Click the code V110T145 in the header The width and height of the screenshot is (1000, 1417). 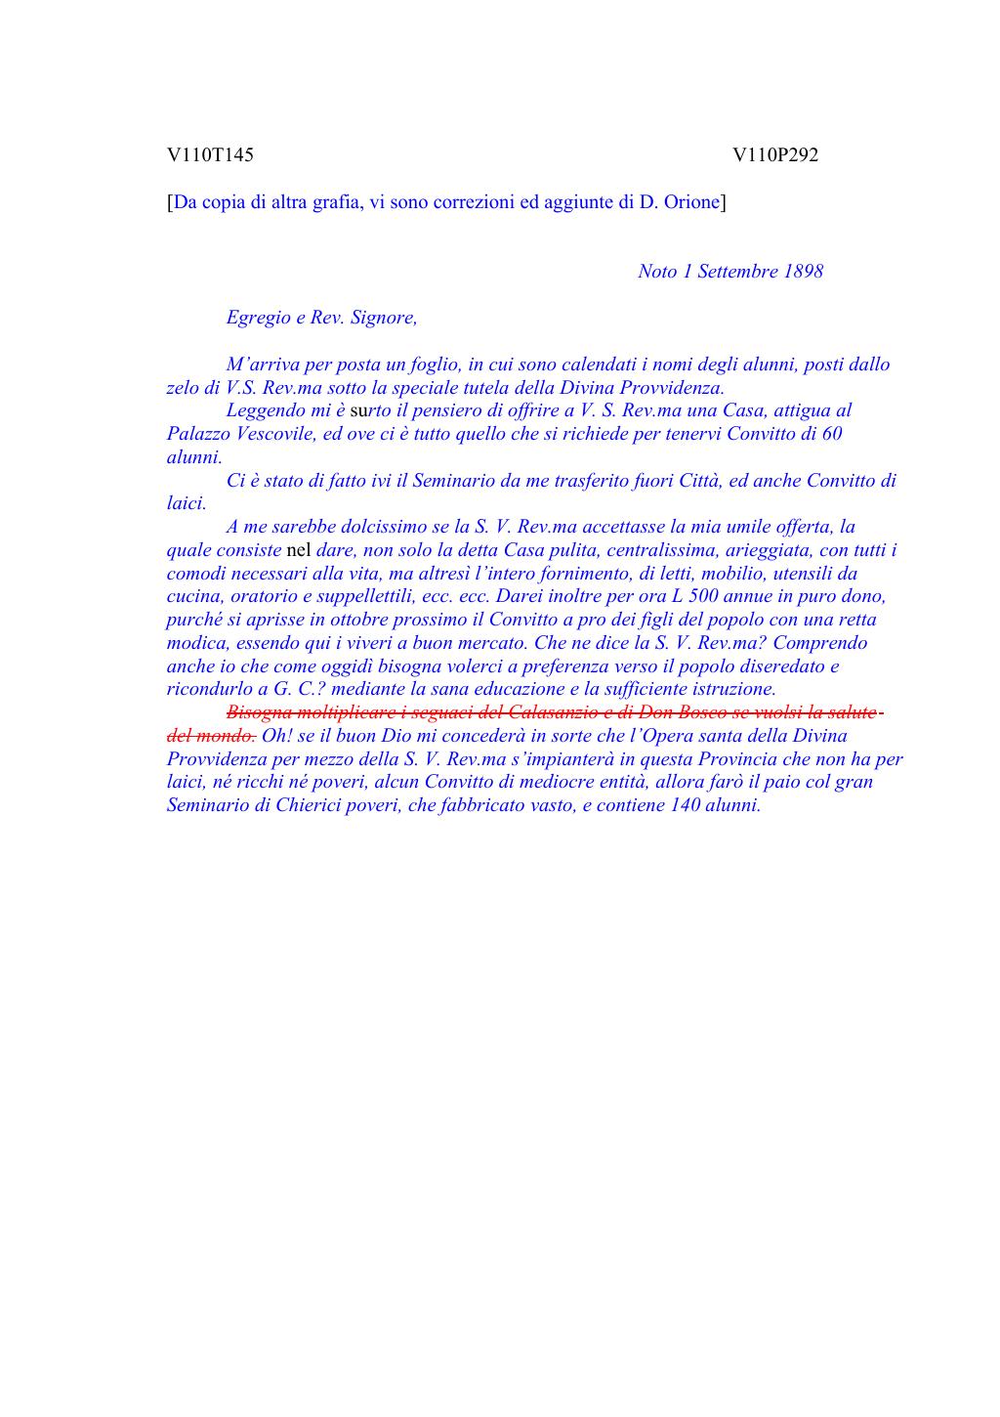tap(210, 154)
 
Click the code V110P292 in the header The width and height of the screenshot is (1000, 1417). tap(775, 154)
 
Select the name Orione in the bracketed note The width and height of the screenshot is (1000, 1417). tap(691, 202)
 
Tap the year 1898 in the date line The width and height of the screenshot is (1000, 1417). tap(803, 272)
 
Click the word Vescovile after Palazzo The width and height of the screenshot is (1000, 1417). tap(276, 434)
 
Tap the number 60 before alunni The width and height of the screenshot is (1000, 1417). tap(832, 434)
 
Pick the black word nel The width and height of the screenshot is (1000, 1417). tap(299, 550)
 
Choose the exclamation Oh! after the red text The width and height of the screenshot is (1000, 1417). tap(275, 736)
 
